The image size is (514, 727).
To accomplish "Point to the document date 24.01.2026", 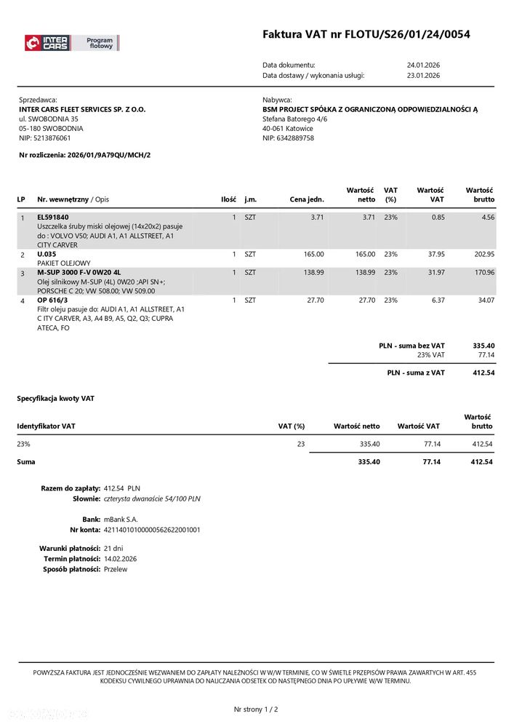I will click(423, 65).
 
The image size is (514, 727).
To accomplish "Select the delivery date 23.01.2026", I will click(423, 75).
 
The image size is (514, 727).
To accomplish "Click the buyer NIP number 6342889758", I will click(297, 138).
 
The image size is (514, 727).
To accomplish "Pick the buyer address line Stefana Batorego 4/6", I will click(295, 119).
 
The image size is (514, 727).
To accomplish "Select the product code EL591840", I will click(53, 217).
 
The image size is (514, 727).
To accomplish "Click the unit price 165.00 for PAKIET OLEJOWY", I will click(313, 254).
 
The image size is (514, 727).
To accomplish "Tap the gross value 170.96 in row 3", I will click(483, 272).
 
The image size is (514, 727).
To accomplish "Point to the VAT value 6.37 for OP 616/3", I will click(438, 300).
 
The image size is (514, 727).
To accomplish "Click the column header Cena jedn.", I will click(306, 199).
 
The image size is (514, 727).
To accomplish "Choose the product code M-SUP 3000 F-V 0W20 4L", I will click(79, 272).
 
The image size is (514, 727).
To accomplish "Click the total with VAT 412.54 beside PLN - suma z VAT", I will click(483, 373).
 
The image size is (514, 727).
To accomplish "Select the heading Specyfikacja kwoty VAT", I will click(55, 399).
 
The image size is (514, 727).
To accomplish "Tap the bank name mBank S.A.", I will click(121, 520).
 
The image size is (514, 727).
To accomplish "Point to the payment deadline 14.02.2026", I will click(120, 559).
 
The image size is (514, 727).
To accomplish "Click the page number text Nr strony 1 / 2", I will click(256, 709).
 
